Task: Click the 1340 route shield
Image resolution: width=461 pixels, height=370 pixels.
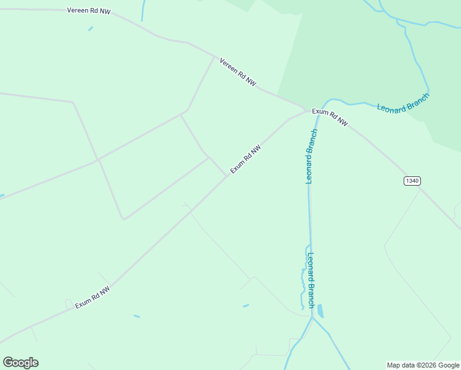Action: [412, 181]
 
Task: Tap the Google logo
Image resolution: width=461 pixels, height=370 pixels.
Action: [20, 363]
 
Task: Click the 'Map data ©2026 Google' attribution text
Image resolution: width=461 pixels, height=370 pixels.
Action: [423, 365]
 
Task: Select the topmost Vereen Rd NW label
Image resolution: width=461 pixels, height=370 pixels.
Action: [89, 11]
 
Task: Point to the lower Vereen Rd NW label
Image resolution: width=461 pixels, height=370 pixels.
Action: [238, 72]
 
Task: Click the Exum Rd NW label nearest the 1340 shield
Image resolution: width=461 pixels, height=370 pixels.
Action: [330, 117]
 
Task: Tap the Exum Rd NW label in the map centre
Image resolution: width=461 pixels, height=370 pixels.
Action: [246, 159]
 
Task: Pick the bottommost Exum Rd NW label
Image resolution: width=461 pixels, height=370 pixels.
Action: [92, 297]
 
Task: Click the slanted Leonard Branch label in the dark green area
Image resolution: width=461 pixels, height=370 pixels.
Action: [403, 102]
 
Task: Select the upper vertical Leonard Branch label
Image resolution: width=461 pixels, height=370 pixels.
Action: [311, 157]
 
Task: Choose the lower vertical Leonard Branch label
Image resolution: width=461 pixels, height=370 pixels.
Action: [311, 281]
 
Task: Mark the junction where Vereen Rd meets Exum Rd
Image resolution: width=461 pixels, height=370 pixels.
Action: [306, 111]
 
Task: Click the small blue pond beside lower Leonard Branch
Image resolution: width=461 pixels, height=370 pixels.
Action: [320, 311]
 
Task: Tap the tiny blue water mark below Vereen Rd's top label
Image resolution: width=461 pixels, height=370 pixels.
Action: [91, 28]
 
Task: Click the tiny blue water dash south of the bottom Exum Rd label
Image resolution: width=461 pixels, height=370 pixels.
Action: [136, 316]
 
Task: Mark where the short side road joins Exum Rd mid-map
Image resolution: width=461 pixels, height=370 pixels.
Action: [227, 176]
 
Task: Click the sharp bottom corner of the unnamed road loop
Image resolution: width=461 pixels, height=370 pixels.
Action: [124, 219]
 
